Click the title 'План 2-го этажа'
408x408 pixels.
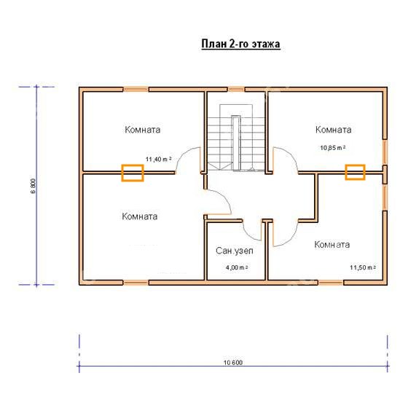tap(240, 44)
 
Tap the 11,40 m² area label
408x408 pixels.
tap(159, 160)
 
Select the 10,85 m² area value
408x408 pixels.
tap(333, 148)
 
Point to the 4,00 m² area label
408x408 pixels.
tap(237, 267)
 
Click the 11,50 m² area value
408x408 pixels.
tap(363, 267)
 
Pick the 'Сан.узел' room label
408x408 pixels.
tap(235, 251)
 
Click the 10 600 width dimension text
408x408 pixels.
tap(233, 363)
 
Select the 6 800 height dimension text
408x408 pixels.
tap(33, 186)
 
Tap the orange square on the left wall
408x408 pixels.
tap(133, 173)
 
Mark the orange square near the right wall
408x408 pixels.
tap(356, 172)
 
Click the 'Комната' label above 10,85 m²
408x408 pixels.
tap(334, 130)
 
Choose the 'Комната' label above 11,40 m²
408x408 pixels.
tap(143, 130)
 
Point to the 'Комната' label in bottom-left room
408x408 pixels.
tap(140, 216)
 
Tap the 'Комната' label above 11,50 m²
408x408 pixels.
tap(332, 245)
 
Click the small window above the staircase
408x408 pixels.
tap(237, 90)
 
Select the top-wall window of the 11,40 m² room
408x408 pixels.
tap(136, 90)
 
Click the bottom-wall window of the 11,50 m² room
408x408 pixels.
tap(331, 283)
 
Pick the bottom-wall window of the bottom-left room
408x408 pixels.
tap(136, 283)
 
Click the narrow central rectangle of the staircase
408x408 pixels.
tap(236, 143)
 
